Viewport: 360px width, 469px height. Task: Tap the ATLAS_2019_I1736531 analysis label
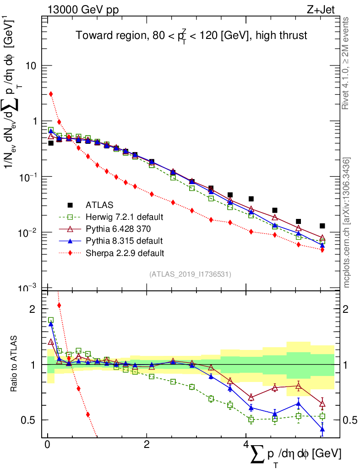click(190, 274)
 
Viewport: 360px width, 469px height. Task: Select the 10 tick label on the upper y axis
click(30, 66)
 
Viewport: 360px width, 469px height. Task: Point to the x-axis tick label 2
click(147, 445)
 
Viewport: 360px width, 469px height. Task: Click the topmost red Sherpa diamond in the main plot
click(51, 94)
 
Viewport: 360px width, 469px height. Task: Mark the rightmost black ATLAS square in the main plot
click(322, 226)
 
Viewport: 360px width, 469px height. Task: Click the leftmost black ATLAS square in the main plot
click(51, 143)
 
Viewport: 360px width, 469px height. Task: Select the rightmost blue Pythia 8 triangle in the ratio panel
click(322, 429)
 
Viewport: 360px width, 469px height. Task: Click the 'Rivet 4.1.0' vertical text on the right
click(346, 63)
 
